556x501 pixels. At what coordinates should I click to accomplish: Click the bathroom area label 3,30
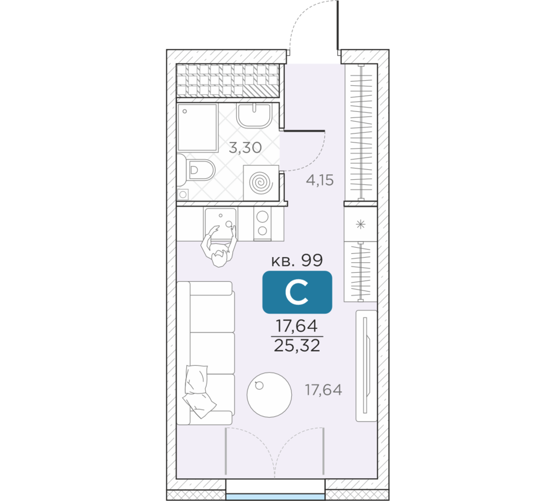pos(245,148)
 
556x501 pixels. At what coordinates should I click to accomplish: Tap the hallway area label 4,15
pos(320,180)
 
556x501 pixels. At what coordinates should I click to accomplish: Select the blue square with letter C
pos(297,292)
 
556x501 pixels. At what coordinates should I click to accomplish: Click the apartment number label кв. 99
pos(297,261)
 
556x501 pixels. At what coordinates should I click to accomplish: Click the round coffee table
pos(270,395)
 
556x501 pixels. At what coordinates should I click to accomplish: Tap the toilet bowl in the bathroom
pos(196,170)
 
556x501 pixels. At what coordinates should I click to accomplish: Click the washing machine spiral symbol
pos(261,183)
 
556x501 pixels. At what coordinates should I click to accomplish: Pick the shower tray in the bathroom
pos(197,127)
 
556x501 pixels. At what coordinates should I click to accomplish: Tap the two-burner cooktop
pos(262,224)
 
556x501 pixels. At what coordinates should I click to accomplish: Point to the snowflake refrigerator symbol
pos(361,224)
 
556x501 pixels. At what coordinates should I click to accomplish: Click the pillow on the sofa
pos(199,391)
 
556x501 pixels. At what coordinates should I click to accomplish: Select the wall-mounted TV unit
pos(366,366)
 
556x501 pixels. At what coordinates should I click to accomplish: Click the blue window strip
pos(276,497)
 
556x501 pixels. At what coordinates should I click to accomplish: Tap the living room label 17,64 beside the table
pos(324,390)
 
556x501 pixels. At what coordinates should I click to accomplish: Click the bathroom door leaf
pos(304,131)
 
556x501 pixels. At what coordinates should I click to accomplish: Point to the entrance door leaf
pos(338,25)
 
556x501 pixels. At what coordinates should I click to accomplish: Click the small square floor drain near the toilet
pos(183,195)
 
